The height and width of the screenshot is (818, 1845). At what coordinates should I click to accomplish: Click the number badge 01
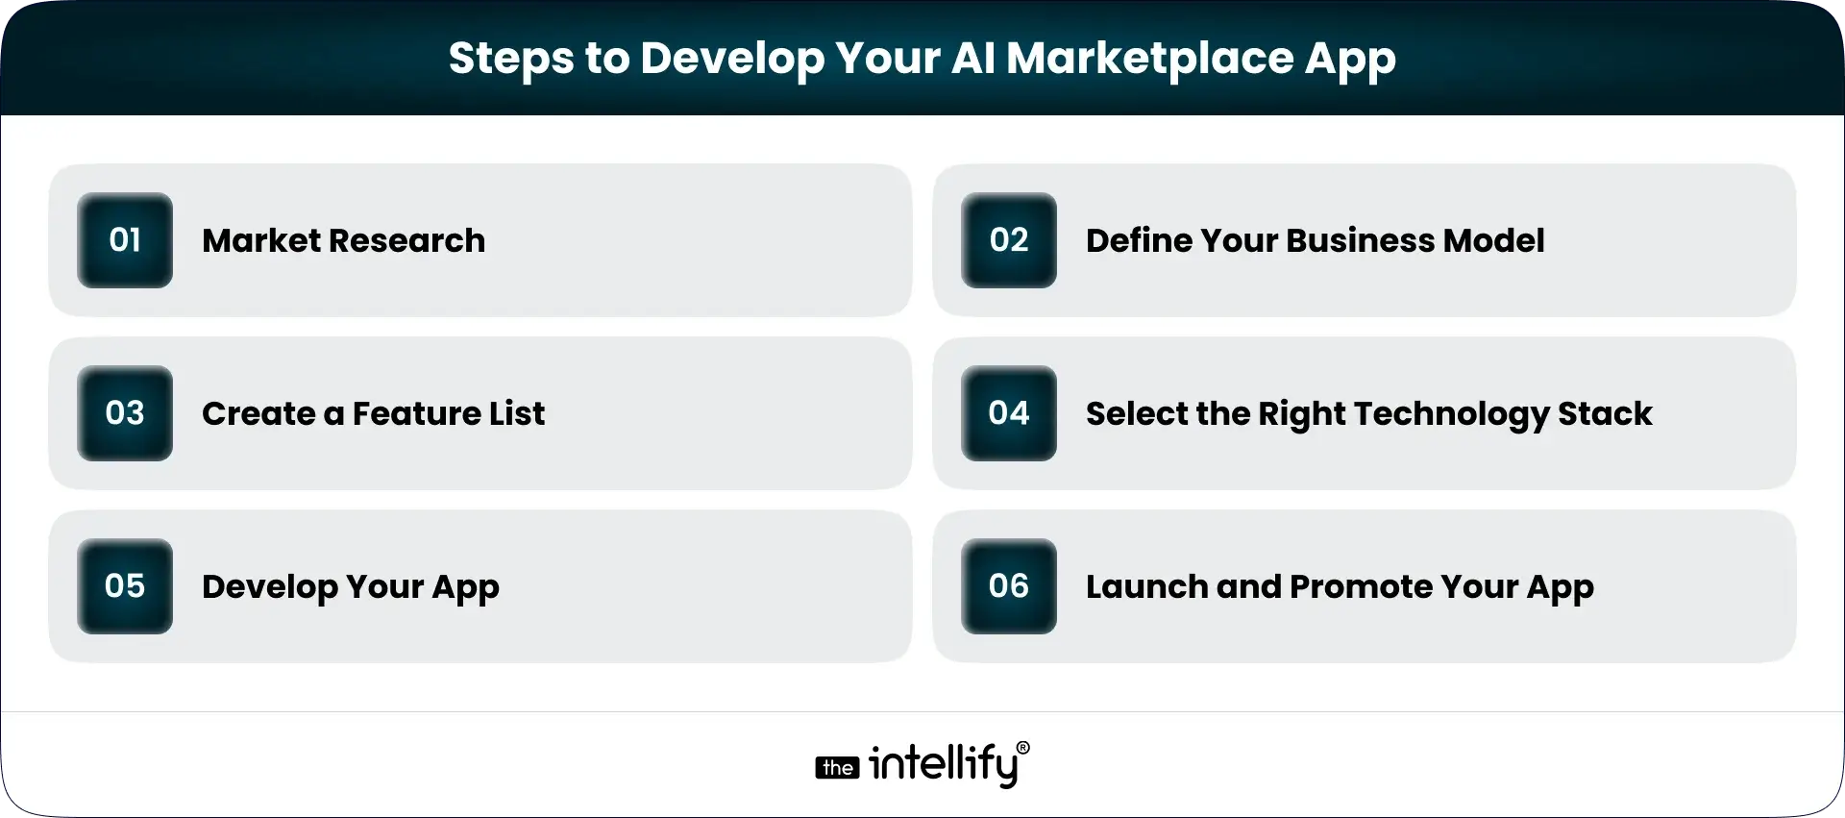pos(125,240)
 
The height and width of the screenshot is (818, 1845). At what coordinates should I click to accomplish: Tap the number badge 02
pos(1009,240)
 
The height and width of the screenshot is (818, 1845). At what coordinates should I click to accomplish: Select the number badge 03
pos(125,413)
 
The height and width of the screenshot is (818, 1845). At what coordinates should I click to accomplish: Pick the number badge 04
pos(1009,413)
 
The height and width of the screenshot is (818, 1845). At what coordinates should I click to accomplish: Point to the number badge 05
pos(125,586)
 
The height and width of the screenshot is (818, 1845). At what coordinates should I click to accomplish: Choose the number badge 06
pos(1009,586)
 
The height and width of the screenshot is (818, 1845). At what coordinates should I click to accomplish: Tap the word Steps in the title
pos(511,60)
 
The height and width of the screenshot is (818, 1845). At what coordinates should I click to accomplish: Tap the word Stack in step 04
pos(1605,413)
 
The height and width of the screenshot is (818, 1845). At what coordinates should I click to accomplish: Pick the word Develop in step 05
pos(270,587)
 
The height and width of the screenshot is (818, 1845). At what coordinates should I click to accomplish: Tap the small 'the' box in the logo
pos(837,768)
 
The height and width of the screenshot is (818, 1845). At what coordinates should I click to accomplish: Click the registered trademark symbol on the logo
pos(1022,748)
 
